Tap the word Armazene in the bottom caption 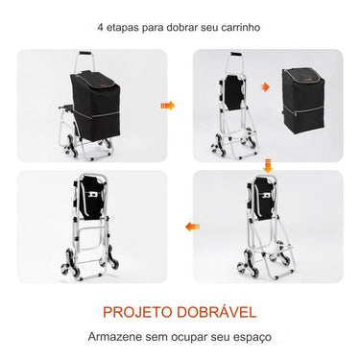click(111, 337)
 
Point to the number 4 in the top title click(99, 27)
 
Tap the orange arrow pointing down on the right click(268, 166)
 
